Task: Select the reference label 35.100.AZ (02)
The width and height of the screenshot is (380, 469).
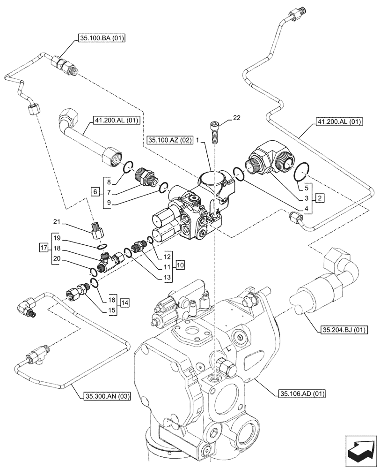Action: (x=167, y=140)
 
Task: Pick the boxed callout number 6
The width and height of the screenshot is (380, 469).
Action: (x=95, y=192)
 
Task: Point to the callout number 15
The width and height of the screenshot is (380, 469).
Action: (x=111, y=310)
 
